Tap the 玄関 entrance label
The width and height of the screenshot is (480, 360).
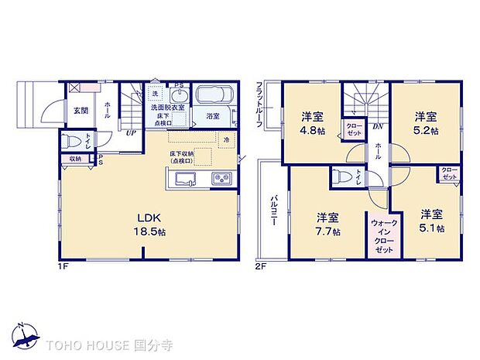click(x=81, y=111)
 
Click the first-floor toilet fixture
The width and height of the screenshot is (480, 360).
click(x=71, y=142)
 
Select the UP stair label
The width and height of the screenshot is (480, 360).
click(x=132, y=132)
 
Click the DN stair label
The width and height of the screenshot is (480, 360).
click(x=377, y=127)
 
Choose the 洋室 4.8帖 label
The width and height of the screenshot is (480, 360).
click(x=313, y=125)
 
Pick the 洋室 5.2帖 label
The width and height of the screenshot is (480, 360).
click(x=424, y=124)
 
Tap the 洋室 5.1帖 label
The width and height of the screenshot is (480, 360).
click(x=432, y=221)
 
